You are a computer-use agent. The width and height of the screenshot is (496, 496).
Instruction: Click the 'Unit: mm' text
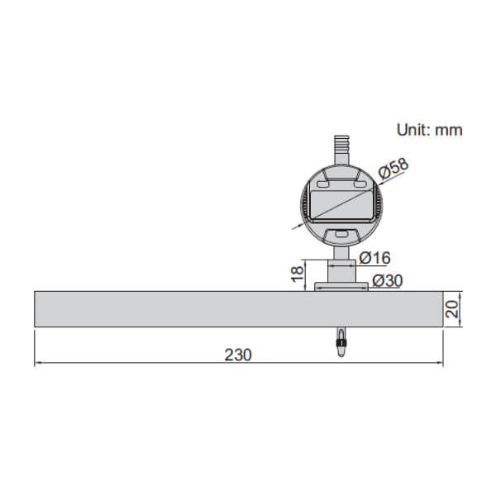(x=429, y=130)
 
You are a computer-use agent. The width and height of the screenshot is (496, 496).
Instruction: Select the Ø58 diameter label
(x=393, y=170)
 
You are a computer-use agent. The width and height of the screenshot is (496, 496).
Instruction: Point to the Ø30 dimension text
(x=387, y=281)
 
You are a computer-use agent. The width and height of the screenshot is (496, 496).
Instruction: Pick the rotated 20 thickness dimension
(x=452, y=309)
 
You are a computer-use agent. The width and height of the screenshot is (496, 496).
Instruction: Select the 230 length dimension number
(x=237, y=355)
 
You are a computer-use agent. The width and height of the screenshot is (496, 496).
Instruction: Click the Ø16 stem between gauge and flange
(x=341, y=269)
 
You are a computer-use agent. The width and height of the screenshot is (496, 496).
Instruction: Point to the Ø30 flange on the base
(x=341, y=287)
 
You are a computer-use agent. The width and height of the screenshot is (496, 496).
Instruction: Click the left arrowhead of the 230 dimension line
(x=38, y=364)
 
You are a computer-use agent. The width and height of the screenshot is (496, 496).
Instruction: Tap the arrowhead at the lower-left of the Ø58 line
(x=293, y=227)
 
